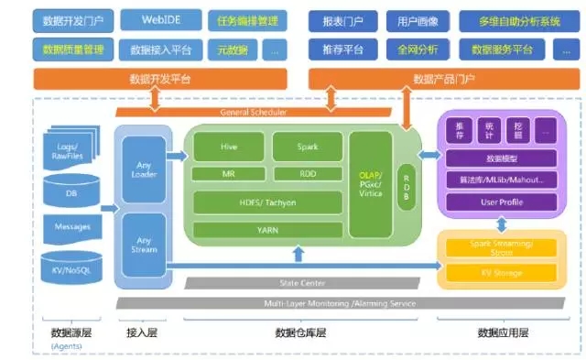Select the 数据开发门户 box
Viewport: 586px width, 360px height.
pyautogui.click(x=72, y=19)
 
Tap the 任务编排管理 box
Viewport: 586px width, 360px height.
pyautogui.click(x=247, y=19)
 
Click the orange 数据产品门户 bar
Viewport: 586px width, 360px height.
pyautogui.click(x=443, y=80)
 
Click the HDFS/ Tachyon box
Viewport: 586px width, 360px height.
pyautogui.click(x=268, y=202)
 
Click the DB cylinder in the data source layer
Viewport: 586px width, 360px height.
pyautogui.click(x=71, y=193)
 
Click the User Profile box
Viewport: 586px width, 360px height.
pyautogui.click(x=502, y=202)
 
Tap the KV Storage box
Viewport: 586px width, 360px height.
pyautogui.click(x=502, y=272)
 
